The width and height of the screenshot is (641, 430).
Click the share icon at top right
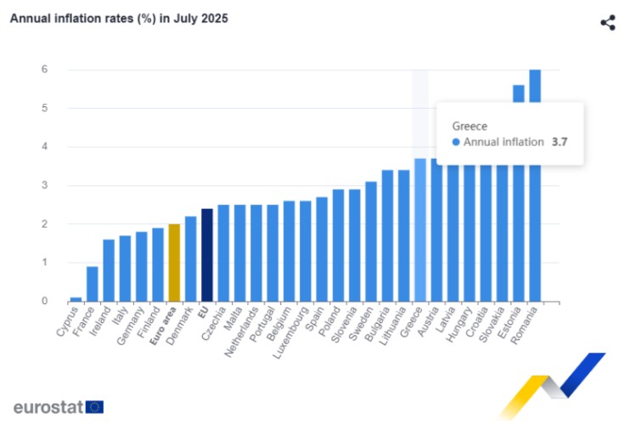click(607, 23)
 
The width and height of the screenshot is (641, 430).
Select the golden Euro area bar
click(174, 263)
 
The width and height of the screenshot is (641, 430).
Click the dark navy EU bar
click(206, 255)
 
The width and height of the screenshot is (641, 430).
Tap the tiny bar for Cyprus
click(76, 298)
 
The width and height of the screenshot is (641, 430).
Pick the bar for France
click(92, 284)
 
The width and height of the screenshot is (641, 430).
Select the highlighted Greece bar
click(420, 229)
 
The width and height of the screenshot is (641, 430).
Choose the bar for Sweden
click(371, 241)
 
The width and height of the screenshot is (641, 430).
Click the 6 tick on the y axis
click(44, 70)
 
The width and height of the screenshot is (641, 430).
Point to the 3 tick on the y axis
click(44, 185)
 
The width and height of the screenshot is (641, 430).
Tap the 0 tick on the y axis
click(44, 301)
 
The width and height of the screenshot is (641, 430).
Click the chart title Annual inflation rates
click(119, 18)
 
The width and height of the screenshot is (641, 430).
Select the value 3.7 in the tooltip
click(559, 142)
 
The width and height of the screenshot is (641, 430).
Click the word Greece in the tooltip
click(470, 126)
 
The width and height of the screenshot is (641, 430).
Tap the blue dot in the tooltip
click(456, 142)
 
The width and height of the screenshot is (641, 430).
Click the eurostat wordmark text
click(48, 407)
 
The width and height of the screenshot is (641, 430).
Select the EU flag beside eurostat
click(94, 407)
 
